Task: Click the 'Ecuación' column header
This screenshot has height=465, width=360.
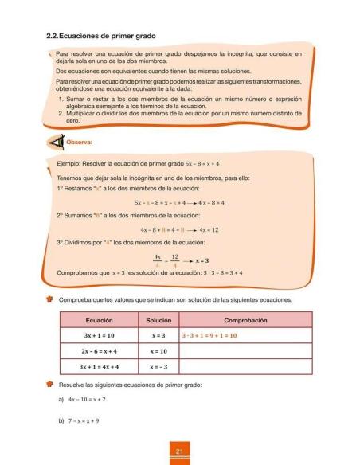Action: tap(98, 318)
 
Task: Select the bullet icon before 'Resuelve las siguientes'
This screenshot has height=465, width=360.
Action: tap(49, 384)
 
